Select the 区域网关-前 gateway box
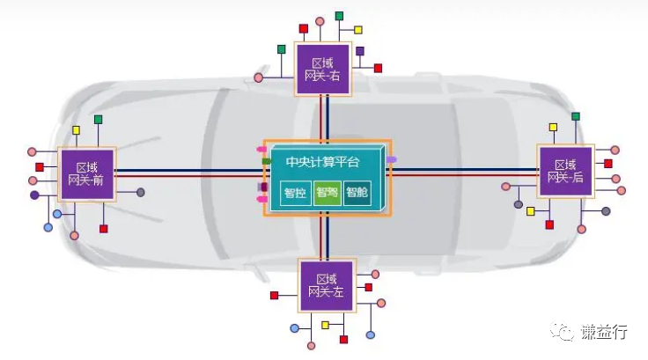(x=85, y=173)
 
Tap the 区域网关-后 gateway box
(x=565, y=171)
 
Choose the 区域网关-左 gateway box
(x=327, y=285)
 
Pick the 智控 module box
(x=295, y=193)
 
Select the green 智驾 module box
(x=327, y=193)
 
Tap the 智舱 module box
(x=357, y=193)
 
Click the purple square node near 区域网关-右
(x=360, y=51)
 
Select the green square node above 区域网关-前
(x=99, y=119)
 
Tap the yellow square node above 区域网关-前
(x=77, y=131)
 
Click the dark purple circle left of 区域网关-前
(x=34, y=195)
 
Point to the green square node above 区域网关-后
(x=575, y=116)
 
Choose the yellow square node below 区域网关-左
(x=325, y=325)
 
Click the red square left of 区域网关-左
(x=275, y=295)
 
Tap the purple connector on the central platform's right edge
(x=392, y=159)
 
